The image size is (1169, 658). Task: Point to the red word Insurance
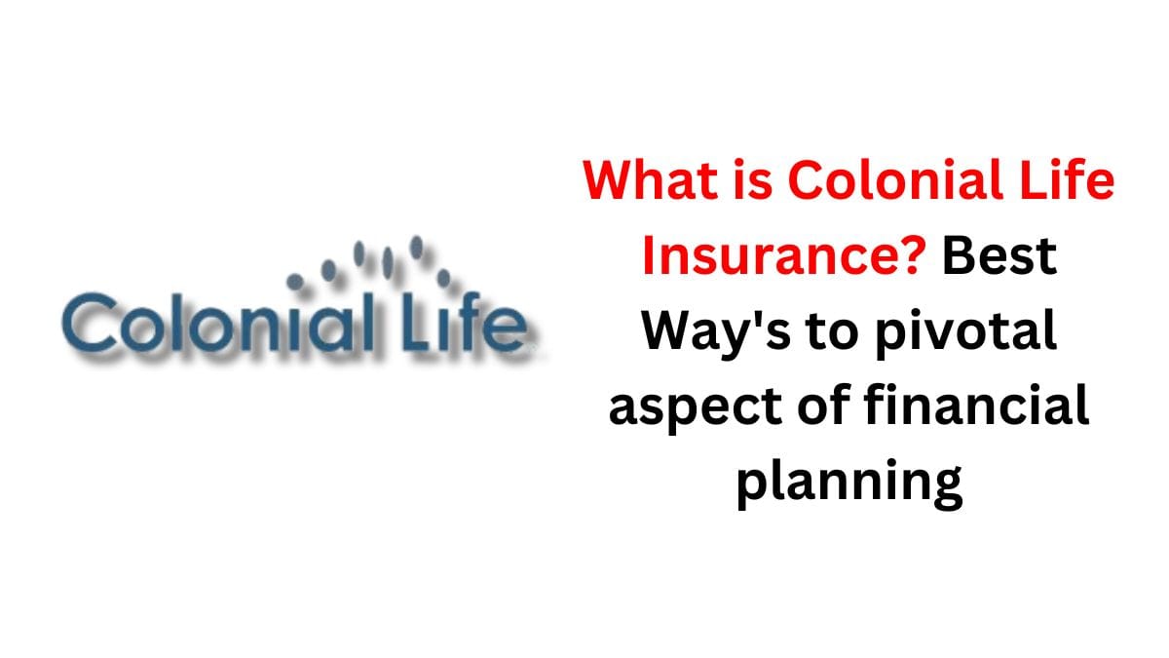tap(770, 256)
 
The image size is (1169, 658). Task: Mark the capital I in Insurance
tap(651, 256)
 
